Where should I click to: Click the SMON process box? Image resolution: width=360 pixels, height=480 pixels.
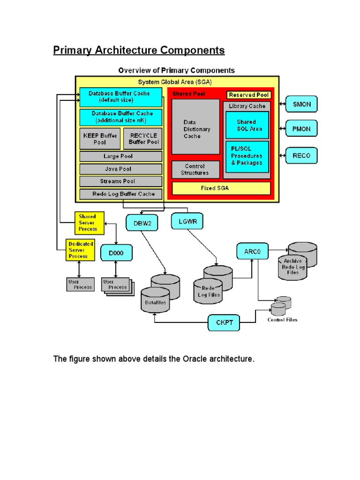coord(301,104)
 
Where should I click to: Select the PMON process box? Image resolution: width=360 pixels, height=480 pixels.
coord(301,128)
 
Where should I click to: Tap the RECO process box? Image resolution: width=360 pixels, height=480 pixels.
coord(301,155)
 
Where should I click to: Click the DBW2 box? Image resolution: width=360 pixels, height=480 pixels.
coord(142,222)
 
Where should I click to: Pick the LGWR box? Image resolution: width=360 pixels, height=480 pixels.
coord(187,221)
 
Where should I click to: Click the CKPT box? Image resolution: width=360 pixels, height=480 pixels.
coord(224,322)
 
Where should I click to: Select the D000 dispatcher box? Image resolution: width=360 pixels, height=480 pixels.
coord(117,253)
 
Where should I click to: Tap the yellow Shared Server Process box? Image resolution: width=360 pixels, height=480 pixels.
coord(89,223)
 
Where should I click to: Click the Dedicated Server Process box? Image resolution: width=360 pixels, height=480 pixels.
coord(81,250)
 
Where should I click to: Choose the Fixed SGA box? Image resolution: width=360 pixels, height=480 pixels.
coord(221,188)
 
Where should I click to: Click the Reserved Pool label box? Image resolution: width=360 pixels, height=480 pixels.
coord(248,95)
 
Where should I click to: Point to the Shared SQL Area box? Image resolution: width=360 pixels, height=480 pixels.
coord(247,125)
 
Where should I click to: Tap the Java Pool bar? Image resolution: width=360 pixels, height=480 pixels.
coord(121,169)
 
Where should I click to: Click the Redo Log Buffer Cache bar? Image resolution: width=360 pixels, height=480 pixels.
coord(121,194)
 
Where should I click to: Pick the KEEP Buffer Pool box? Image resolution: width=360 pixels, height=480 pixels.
coord(100,139)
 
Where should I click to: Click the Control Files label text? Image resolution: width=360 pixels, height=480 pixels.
coord(282,320)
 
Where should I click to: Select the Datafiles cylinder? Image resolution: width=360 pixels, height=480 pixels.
coord(156,300)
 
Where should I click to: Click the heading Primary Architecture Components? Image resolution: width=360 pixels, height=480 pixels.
coord(139,50)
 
